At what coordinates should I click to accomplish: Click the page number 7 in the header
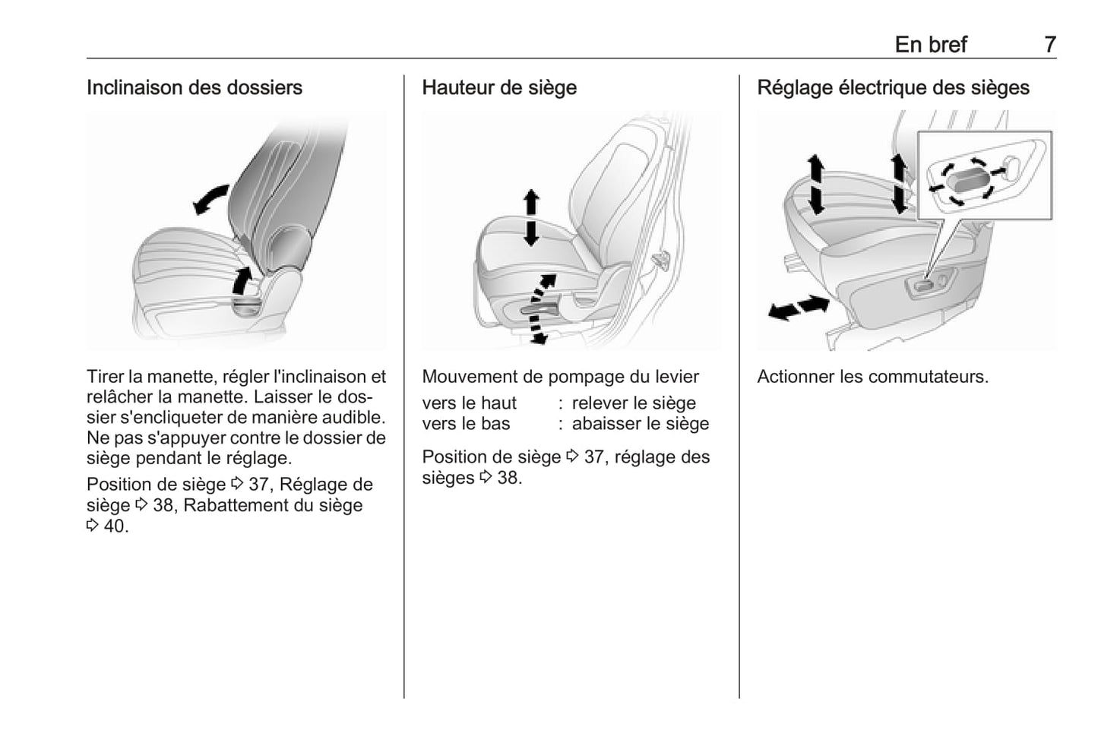tap(1049, 45)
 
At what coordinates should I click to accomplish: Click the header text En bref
tap(930, 45)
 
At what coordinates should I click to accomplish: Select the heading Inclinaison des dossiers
tap(194, 88)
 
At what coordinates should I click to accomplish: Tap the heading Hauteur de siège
tap(498, 88)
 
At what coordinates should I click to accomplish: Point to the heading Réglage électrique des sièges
tap(893, 88)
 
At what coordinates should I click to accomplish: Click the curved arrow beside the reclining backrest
tap(210, 198)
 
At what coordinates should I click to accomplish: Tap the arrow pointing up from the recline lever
tap(242, 280)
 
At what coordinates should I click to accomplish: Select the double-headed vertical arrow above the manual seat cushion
tap(531, 217)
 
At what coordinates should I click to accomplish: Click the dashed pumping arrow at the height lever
tap(539, 308)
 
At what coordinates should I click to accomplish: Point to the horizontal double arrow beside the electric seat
tap(798, 308)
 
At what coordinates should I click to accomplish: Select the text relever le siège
tap(634, 403)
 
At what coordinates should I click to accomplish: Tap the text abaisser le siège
tap(640, 424)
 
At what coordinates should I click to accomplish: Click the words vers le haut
tap(469, 403)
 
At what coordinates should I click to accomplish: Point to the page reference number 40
tap(115, 526)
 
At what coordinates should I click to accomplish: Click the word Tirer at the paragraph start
tap(105, 377)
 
